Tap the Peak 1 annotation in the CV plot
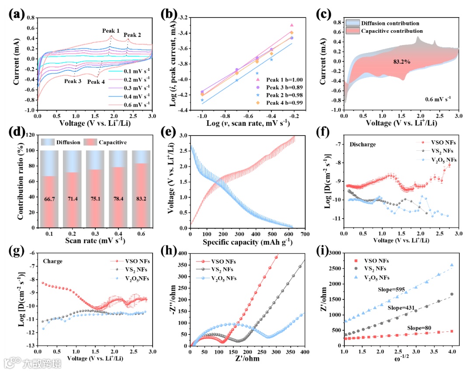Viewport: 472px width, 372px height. [x=111, y=31]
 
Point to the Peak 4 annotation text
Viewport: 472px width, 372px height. [x=95, y=81]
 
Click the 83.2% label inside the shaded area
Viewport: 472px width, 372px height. [x=402, y=62]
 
